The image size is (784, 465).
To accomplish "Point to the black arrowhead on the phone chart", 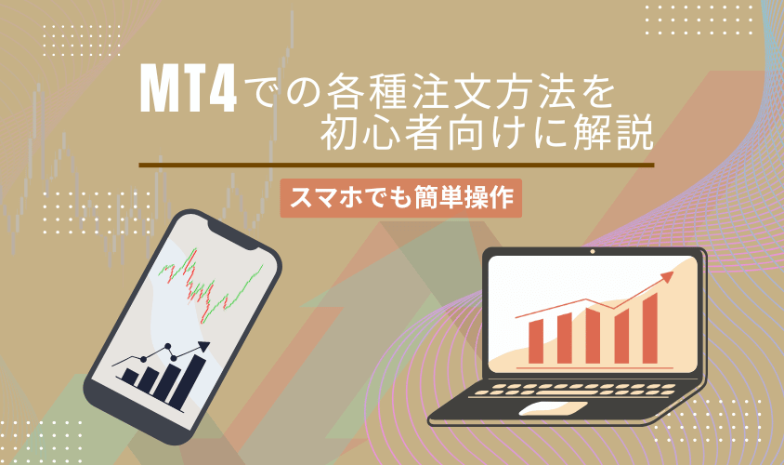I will pyautogui.click(x=202, y=347).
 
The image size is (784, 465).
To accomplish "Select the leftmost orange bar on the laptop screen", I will pyautogui.click(x=537, y=341).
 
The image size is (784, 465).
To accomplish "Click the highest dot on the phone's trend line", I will pyautogui.click(x=169, y=349).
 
